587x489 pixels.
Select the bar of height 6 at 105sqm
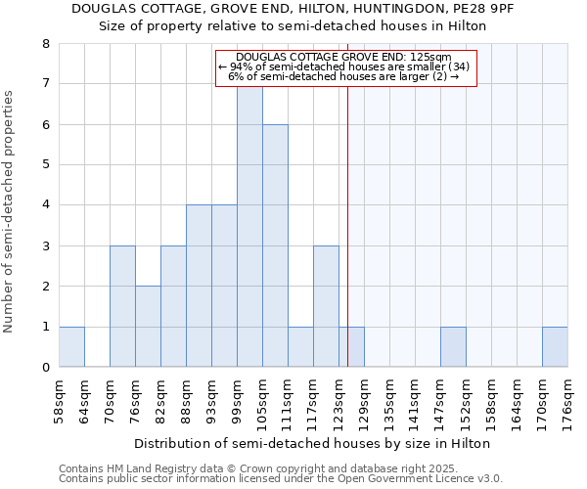(x=275, y=245)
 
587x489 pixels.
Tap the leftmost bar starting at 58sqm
(x=71, y=347)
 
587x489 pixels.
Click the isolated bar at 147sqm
(x=453, y=347)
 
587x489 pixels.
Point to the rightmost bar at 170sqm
(x=555, y=347)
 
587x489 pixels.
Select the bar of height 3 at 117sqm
(x=326, y=306)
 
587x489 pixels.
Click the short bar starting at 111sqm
(x=300, y=347)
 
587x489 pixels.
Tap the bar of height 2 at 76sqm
(x=148, y=327)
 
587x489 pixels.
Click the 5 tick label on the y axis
(x=45, y=164)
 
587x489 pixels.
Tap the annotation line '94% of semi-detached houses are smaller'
(x=344, y=67)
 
